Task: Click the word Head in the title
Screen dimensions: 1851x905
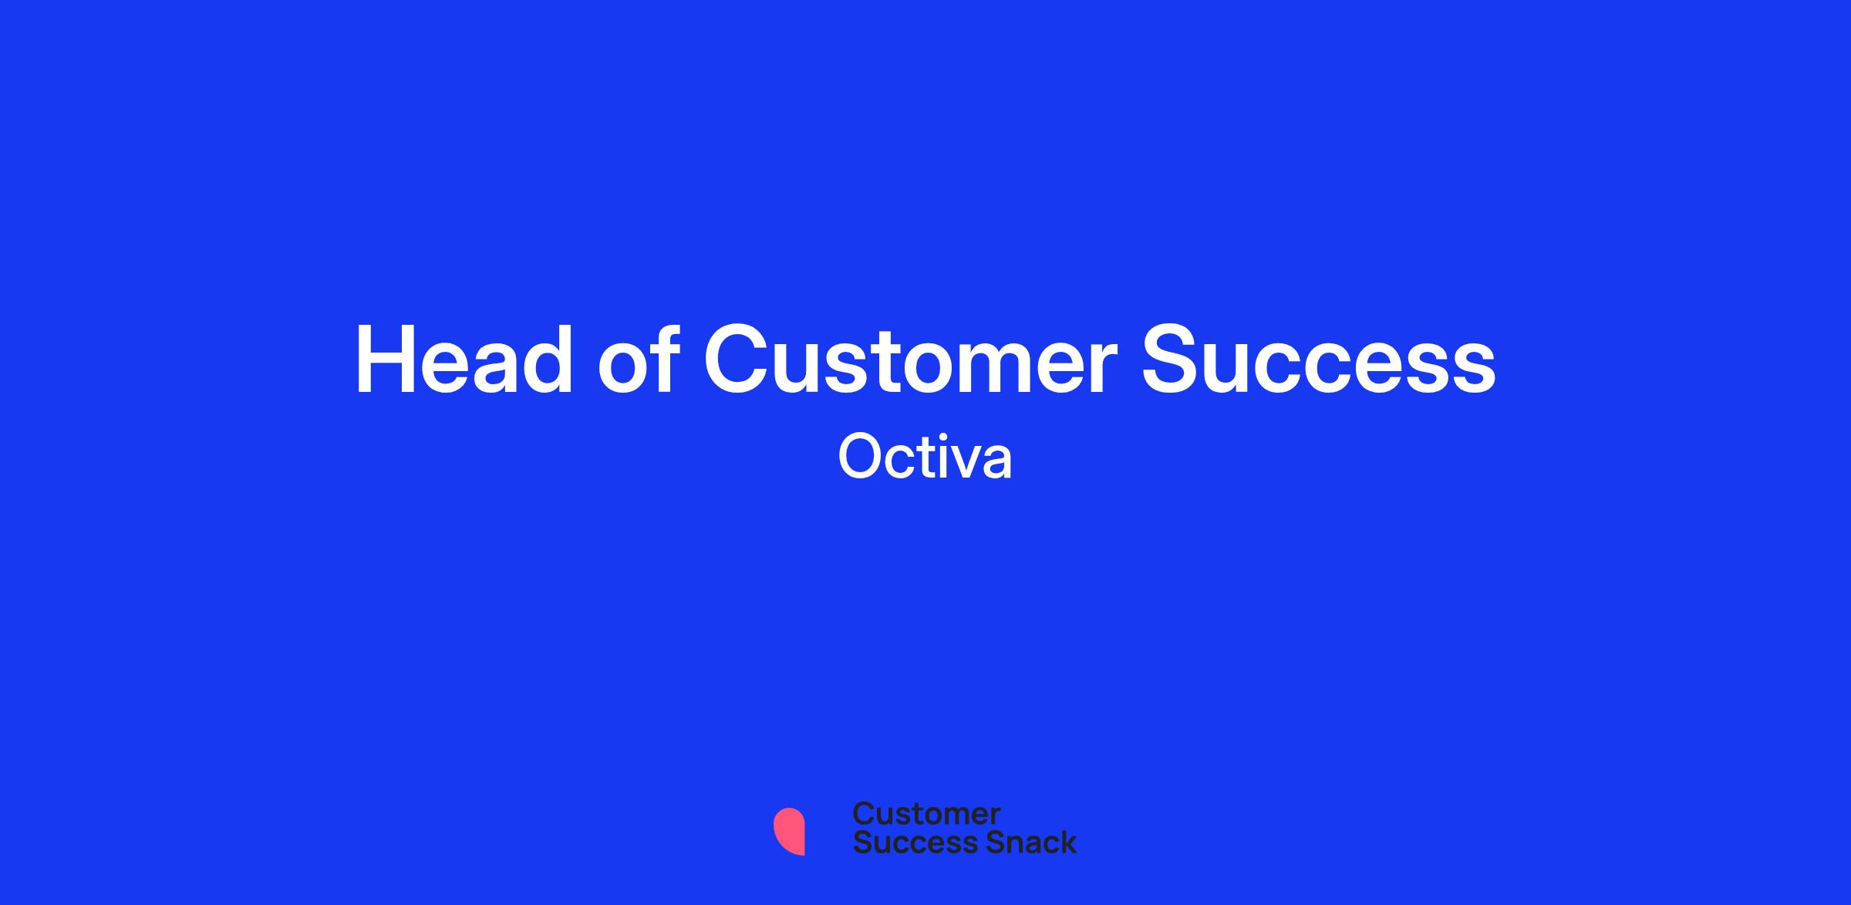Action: (x=464, y=360)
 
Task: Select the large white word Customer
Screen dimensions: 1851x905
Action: (x=911, y=360)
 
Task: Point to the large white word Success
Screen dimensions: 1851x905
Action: (x=1319, y=360)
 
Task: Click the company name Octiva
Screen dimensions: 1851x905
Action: (x=925, y=457)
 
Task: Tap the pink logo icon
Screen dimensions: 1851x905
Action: (x=789, y=831)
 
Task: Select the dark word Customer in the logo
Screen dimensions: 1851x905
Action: (x=926, y=814)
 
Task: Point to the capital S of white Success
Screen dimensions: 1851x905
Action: (x=1173, y=360)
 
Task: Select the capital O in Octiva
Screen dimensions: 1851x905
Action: (x=860, y=457)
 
